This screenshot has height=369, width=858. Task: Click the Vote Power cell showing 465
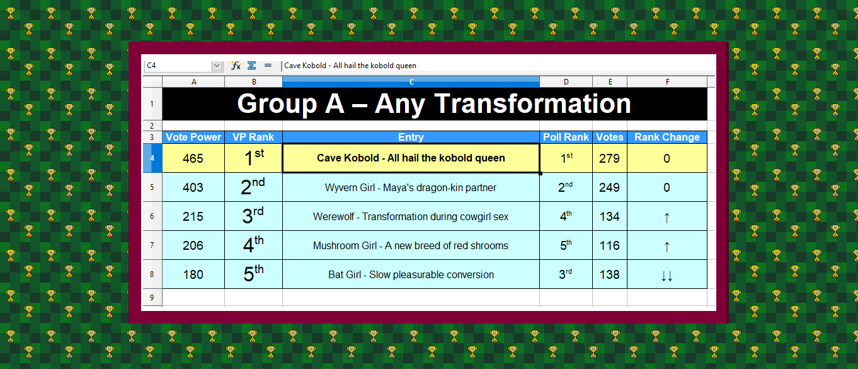[x=193, y=158]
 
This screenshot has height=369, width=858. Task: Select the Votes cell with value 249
[x=609, y=187]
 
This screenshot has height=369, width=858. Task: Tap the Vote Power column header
[x=193, y=137]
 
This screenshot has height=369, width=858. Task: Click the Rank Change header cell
[x=667, y=137]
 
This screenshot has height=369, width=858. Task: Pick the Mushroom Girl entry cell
[x=411, y=245]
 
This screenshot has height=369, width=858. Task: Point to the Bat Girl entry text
[x=411, y=274]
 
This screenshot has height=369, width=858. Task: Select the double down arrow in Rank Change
[x=667, y=276]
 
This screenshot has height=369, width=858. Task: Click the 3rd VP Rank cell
[x=253, y=216]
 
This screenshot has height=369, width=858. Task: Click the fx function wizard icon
[x=236, y=66]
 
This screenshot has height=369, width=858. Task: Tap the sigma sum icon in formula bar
[x=251, y=66]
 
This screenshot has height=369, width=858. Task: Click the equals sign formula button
[x=268, y=66]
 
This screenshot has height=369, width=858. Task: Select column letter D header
[x=566, y=82]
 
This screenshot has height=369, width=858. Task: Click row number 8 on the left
[x=152, y=274]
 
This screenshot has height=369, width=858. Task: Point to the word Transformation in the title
[x=533, y=103]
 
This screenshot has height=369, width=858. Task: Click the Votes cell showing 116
[x=609, y=245]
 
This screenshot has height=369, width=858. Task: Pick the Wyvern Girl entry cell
[x=411, y=187]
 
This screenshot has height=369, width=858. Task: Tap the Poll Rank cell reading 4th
[x=566, y=216]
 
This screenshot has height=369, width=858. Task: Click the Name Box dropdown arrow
[x=217, y=66]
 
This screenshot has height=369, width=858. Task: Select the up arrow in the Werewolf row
[x=667, y=218]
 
